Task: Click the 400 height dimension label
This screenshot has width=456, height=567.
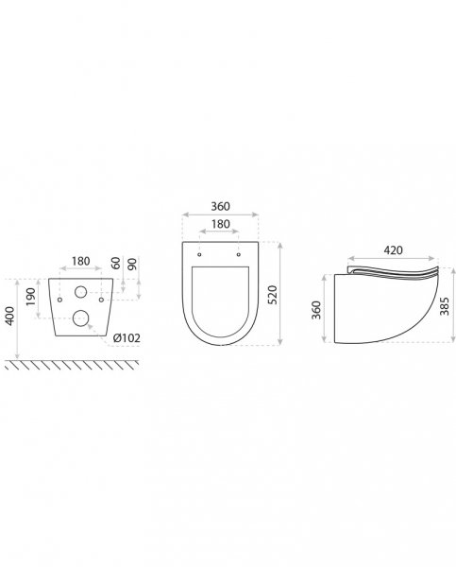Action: (10, 316)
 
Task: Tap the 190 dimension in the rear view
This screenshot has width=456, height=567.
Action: (31, 297)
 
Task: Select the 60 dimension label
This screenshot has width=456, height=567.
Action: (115, 263)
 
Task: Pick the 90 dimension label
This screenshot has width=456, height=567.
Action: (132, 264)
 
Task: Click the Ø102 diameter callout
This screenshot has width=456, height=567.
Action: (127, 338)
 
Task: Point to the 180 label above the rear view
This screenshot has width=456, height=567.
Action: (80, 261)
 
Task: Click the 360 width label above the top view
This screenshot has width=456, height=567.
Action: (220, 206)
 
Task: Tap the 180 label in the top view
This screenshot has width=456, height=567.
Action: (220, 224)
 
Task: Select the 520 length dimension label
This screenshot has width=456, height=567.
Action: (273, 295)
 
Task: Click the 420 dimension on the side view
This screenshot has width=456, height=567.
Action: (393, 249)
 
